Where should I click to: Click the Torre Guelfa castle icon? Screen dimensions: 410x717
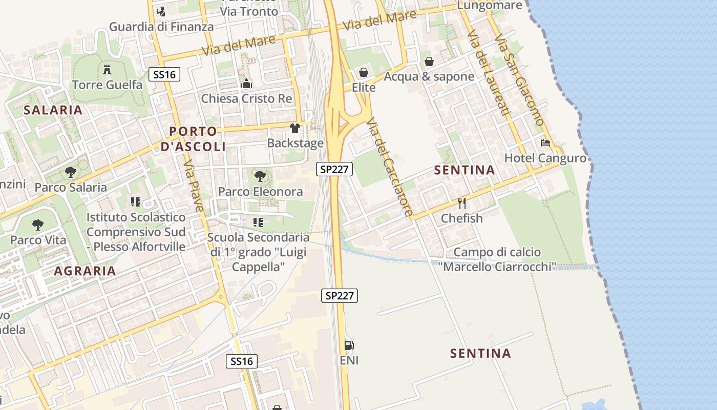(x=107, y=69)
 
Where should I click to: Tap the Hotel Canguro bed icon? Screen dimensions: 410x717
(x=545, y=143)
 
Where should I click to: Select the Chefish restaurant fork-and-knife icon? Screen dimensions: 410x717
(x=462, y=203)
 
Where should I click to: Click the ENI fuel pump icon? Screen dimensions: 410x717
(x=349, y=345)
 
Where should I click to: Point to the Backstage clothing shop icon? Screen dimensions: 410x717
(x=295, y=128)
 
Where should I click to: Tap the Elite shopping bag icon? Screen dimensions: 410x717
(x=364, y=72)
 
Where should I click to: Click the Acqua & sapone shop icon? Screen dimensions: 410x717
(x=429, y=61)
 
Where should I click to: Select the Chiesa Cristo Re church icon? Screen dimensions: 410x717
(x=246, y=84)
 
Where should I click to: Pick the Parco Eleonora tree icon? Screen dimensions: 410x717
(x=260, y=177)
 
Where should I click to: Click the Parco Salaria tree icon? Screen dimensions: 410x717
(x=71, y=172)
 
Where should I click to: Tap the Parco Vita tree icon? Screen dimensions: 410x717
(x=38, y=224)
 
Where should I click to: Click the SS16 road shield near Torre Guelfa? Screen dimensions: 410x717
(x=164, y=75)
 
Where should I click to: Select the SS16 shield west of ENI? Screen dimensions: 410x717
(x=242, y=361)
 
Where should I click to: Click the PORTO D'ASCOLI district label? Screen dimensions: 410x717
(x=193, y=139)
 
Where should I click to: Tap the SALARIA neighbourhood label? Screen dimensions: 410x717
(x=53, y=110)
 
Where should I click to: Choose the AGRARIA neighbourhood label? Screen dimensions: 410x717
(x=85, y=271)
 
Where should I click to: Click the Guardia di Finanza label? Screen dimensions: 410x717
(x=161, y=27)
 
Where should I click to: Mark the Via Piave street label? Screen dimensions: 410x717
(x=194, y=186)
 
